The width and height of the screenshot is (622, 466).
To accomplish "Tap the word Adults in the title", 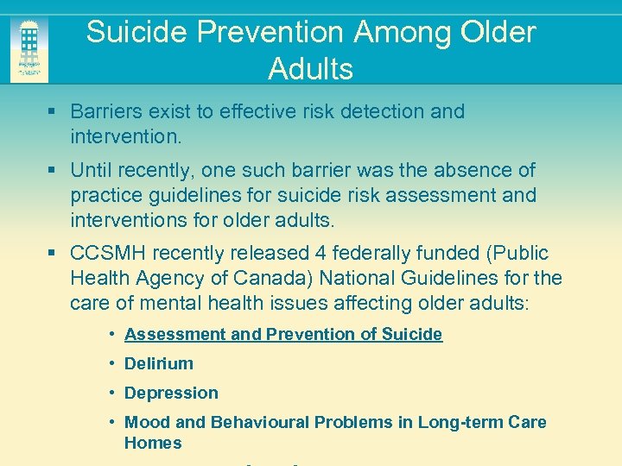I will [x=310, y=68].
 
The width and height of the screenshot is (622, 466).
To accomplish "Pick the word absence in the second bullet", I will [x=480, y=170].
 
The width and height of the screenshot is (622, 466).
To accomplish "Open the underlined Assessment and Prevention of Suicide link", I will [x=283, y=334].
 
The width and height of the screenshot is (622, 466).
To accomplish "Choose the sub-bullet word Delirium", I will [x=159, y=363].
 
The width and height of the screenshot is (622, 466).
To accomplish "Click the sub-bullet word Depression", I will [x=171, y=393].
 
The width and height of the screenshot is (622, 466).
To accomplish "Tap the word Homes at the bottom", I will [x=153, y=443].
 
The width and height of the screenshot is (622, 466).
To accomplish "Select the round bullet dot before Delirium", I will [x=113, y=363].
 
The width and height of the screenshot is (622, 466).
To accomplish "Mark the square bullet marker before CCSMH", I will [x=54, y=254].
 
